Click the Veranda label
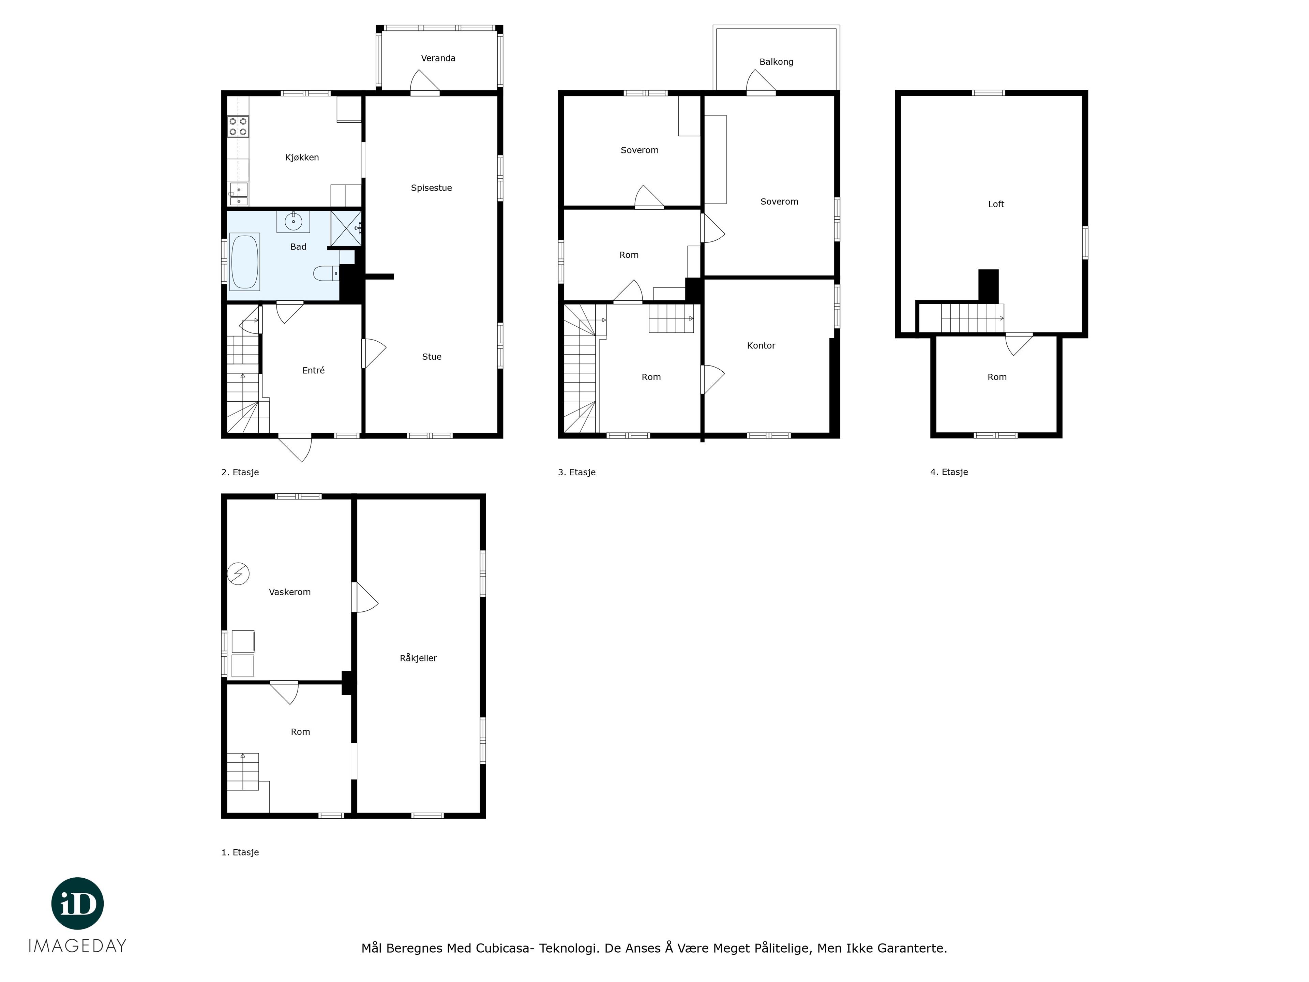pyautogui.click(x=438, y=58)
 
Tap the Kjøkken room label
pyautogui.click(x=302, y=158)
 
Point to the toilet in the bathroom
pyautogui.click(x=326, y=273)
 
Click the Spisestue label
pyautogui.click(x=432, y=188)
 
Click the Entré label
pyautogui.click(x=313, y=371)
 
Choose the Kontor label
pyautogui.click(x=761, y=346)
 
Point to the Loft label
pyautogui.click(x=996, y=204)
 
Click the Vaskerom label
pyautogui.click(x=289, y=592)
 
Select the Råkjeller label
pyautogui.click(x=418, y=658)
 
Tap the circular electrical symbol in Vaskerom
pyautogui.click(x=239, y=574)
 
